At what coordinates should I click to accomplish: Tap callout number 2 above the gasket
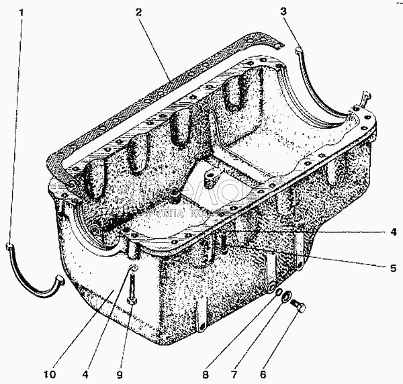pyautogui.click(x=137, y=13)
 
